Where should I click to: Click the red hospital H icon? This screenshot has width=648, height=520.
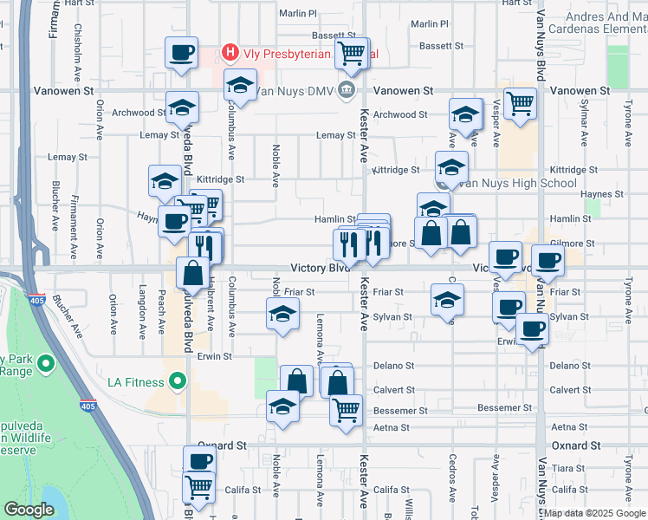click(x=230, y=53)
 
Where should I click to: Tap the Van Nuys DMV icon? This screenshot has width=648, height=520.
click(x=347, y=89)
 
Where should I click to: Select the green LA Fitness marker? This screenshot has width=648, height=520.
click(x=178, y=381)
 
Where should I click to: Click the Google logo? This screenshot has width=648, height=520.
click(x=29, y=510)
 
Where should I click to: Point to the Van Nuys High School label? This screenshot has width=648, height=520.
click(x=517, y=183)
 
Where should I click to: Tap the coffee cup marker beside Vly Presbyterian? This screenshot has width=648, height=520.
click(x=182, y=53)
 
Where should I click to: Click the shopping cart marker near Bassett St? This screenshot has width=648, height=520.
click(x=351, y=54)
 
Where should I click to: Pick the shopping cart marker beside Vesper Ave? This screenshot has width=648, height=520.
click(x=520, y=103)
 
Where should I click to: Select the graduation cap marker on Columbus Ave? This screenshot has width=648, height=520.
click(x=240, y=86)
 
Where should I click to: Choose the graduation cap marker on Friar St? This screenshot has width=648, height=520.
click(x=446, y=300)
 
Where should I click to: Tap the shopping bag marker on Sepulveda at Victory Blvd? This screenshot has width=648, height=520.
click(x=193, y=273)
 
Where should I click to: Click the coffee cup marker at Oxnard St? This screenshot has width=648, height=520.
click(x=199, y=461)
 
